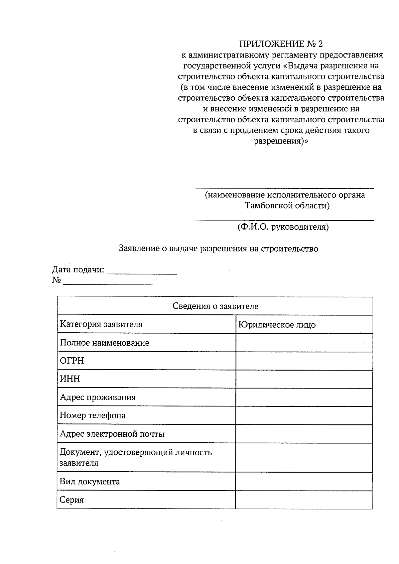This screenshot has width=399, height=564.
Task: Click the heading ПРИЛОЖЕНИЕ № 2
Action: pos(281,44)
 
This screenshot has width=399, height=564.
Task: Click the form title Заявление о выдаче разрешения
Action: pos(218,249)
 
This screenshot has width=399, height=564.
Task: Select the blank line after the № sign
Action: pos(108,283)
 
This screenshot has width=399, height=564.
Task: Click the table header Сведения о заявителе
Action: pos(215,306)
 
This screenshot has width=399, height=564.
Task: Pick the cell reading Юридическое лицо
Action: pos(277,325)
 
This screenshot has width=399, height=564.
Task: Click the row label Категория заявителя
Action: pos(101,324)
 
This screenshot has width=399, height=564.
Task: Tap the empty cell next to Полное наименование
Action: pos(304,343)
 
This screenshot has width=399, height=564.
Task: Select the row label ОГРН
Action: pos(72,361)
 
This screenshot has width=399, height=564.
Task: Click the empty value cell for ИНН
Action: pos(304,379)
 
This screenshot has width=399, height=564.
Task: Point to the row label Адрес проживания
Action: pos(98,397)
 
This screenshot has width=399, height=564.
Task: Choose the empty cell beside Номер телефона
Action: pos(304,415)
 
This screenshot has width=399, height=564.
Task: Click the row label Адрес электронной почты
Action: pos(112,434)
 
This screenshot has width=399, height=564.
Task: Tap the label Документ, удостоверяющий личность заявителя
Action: pos(136,457)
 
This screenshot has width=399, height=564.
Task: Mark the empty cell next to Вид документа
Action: pos(304,482)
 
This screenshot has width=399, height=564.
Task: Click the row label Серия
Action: pos(72,500)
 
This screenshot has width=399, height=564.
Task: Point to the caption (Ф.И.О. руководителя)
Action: pos(283,227)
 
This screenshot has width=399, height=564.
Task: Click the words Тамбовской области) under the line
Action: pos(287,206)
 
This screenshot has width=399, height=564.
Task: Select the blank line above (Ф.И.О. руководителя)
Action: pos(284,220)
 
